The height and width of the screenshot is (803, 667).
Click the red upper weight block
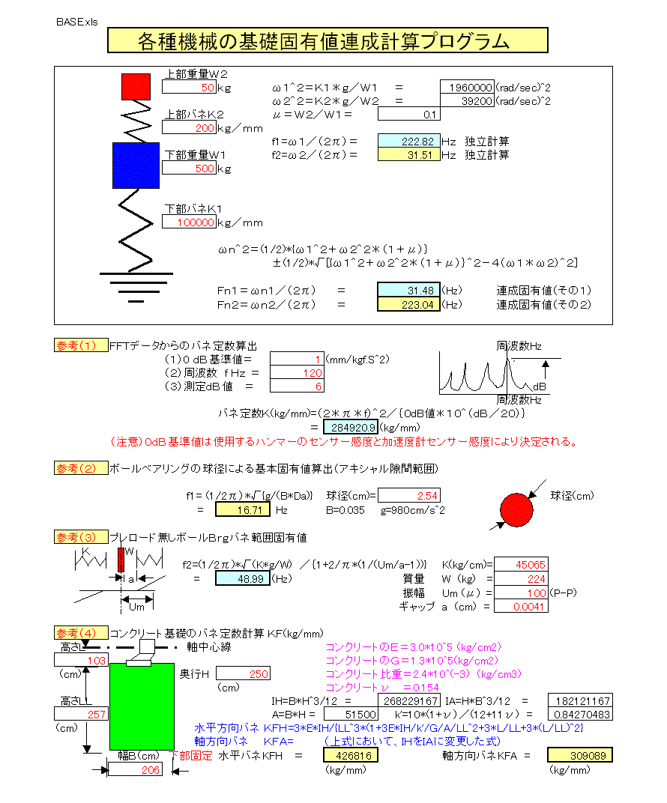(x=136, y=87)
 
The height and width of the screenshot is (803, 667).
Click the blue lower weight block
(x=136, y=165)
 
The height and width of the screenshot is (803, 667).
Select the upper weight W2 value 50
(x=189, y=88)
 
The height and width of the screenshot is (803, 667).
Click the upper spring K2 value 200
(x=189, y=128)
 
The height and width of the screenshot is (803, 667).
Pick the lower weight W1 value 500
(x=189, y=169)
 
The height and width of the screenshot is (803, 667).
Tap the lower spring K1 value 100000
(x=189, y=222)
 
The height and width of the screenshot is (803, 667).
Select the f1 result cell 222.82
(x=408, y=142)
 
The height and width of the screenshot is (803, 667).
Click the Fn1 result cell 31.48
(x=408, y=291)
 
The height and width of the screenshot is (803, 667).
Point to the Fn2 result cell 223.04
(x=408, y=304)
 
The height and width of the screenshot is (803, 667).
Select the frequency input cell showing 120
(x=297, y=372)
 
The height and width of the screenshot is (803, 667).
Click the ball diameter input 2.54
(x=409, y=496)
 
